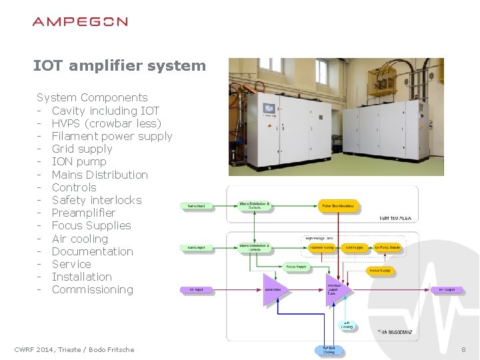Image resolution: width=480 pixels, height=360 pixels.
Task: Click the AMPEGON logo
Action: (x=80, y=21)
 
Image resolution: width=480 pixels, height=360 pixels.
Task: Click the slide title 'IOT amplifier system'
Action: (x=119, y=65)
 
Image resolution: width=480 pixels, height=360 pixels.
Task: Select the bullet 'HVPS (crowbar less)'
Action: (x=106, y=123)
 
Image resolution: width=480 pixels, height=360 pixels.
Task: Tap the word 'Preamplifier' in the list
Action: (x=83, y=213)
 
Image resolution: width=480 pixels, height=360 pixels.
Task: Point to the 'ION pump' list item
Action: (x=79, y=161)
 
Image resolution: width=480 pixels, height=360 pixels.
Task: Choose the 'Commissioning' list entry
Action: (x=92, y=289)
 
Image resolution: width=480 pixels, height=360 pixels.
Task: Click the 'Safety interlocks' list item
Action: (x=97, y=200)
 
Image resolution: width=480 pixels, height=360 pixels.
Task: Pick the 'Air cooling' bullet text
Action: (x=79, y=239)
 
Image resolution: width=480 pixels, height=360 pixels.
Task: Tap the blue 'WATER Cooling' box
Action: (x=329, y=349)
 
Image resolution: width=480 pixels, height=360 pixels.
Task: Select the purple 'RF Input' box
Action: (x=196, y=290)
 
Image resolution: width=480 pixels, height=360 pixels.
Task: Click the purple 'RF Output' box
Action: (x=446, y=290)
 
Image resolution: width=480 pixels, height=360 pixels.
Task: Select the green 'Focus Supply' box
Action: (x=297, y=267)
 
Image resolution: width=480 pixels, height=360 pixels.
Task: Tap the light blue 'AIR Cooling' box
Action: (x=347, y=325)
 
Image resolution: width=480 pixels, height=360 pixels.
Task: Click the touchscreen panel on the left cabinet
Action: (x=269, y=109)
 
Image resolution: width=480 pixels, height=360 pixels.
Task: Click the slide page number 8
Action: (x=463, y=349)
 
